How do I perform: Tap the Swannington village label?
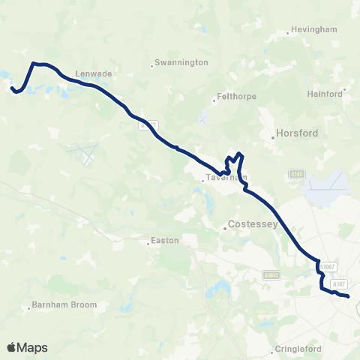[x=181, y=63]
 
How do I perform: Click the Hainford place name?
[x=325, y=94]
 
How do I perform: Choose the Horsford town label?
[x=297, y=133]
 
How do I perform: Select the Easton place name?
[x=163, y=241]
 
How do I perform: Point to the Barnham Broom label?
[x=60, y=306]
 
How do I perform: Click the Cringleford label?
[x=298, y=349]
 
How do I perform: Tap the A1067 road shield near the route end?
[x=326, y=266]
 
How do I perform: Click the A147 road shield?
[x=340, y=283]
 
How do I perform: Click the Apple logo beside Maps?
[x=11, y=347]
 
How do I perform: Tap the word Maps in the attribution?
[x=32, y=347]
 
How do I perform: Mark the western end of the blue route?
[x=13, y=90]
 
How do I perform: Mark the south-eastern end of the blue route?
[x=348, y=297]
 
